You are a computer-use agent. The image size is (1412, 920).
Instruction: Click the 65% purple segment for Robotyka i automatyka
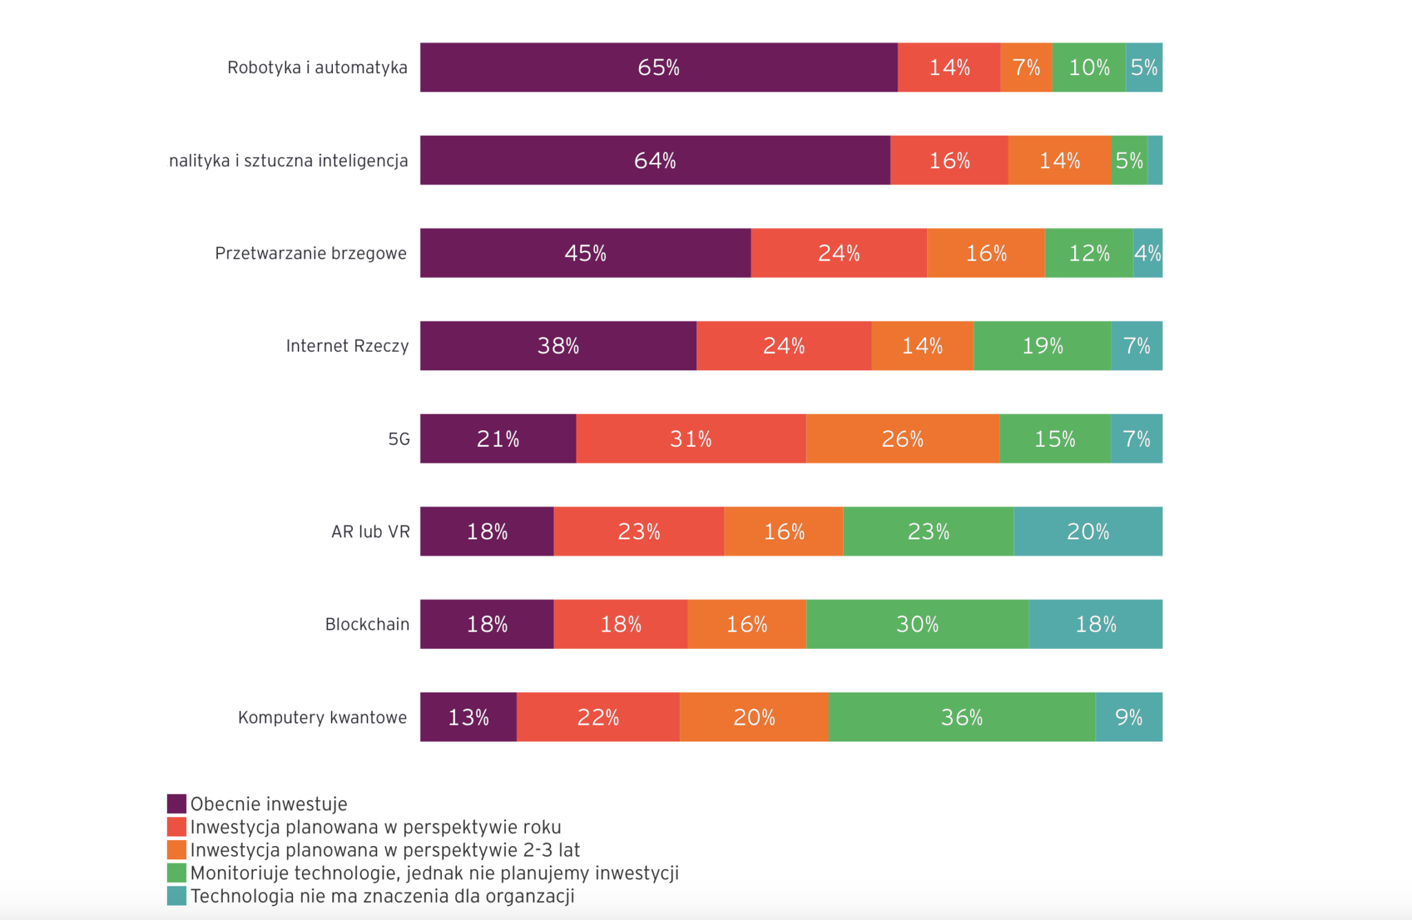(658, 68)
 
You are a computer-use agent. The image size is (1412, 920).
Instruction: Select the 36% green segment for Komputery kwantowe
(962, 717)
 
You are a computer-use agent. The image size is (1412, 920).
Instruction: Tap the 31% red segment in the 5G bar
(691, 439)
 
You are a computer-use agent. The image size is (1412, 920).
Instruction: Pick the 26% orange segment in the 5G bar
(902, 439)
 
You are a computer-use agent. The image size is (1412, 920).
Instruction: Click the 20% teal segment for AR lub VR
(1088, 532)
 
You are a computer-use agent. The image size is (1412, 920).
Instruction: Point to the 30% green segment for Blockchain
(917, 624)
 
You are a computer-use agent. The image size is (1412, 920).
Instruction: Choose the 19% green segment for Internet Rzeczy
(1042, 346)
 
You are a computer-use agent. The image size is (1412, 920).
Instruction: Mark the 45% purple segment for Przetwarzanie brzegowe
(585, 253)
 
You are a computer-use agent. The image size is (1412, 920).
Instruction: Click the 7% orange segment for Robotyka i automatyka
(1026, 68)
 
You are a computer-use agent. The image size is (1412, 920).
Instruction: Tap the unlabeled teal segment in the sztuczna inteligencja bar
(1156, 161)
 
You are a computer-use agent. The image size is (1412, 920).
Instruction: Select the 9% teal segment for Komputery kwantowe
(1129, 717)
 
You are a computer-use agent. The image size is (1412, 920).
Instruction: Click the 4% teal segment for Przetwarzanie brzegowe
(1148, 253)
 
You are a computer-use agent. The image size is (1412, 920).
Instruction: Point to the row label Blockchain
(367, 624)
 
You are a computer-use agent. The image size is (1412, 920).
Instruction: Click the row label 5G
(399, 439)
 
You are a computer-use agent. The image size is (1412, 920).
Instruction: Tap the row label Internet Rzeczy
(347, 346)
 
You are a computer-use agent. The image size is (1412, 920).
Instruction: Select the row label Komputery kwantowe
(323, 717)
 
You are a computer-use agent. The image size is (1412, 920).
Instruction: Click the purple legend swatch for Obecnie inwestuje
(176, 804)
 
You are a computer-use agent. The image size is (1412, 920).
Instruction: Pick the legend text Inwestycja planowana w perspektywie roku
(376, 827)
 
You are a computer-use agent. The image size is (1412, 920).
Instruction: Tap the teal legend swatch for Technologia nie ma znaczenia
(176, 896)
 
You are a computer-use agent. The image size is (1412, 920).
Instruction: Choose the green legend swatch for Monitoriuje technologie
(176, 873)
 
